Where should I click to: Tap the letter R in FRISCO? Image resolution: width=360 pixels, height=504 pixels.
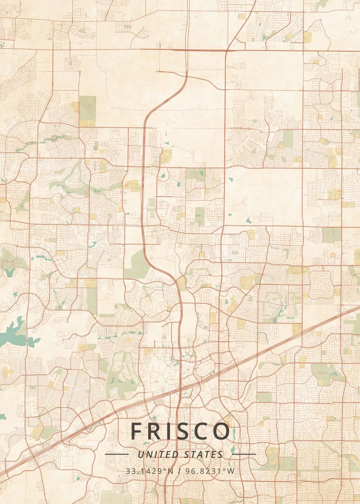154,431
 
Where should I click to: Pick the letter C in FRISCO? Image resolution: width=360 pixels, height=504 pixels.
202,431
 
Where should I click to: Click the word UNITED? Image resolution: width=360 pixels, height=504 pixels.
159,454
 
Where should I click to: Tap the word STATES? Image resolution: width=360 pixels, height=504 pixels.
204,454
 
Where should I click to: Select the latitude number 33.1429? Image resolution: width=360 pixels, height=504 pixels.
142,471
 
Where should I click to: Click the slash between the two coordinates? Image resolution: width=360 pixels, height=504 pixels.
179,471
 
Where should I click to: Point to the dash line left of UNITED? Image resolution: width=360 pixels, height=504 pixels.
116,454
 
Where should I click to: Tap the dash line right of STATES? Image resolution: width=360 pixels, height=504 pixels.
244,454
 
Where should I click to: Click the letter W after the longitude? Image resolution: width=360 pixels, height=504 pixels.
231,471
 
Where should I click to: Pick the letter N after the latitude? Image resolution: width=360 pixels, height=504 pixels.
170,471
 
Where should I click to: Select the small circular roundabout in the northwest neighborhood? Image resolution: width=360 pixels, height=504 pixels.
55,138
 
